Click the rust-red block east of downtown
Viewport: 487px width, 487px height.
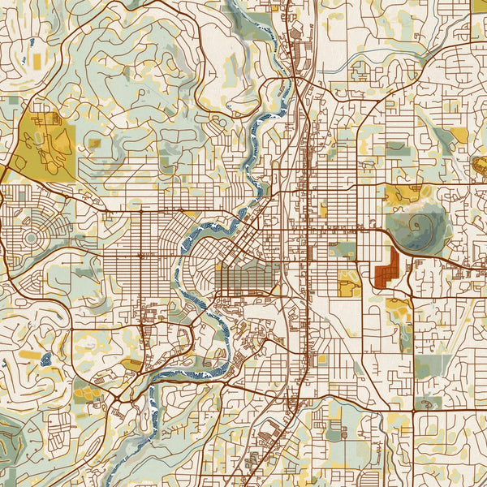click(x=389, y=269)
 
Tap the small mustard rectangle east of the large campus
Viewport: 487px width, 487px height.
click(x=95, y=144)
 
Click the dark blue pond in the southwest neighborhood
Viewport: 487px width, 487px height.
click(x=45, y=357)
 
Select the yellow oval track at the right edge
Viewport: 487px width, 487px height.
click(x=480, y=168)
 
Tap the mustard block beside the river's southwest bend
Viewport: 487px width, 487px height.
click(x=132, y=365)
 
